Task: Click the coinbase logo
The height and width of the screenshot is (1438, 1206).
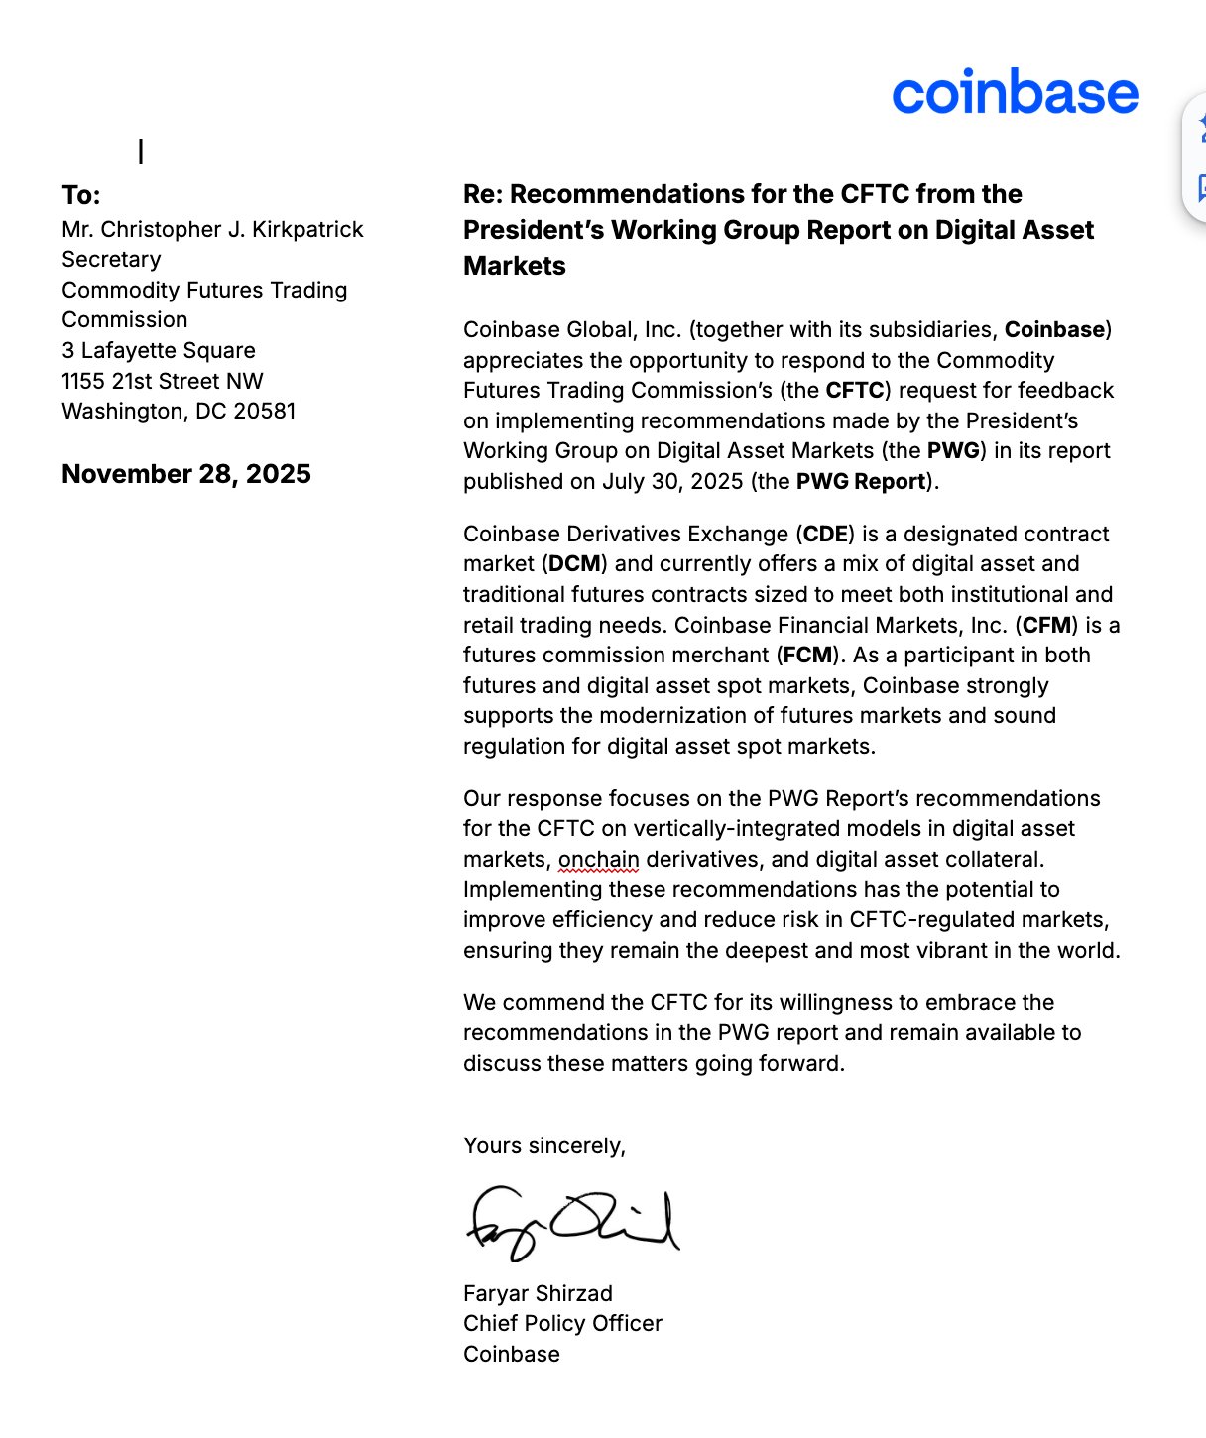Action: [x=1015, y=92]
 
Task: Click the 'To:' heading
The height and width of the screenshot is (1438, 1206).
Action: [x=81, y=195]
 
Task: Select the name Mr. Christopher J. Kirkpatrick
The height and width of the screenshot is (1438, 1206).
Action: [x=212, y=229]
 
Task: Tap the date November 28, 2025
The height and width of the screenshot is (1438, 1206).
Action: [x=186, y=474]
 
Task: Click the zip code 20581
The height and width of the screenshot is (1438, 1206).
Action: [x=265, y=411]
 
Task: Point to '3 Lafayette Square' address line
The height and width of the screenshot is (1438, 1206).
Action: [x=159, y=350]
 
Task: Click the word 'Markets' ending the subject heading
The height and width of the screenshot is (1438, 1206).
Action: [x=514, y=266]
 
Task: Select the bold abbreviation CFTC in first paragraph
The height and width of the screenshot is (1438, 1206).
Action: [x=855, y=390]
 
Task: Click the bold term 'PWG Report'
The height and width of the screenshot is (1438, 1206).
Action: [x=861, y=481]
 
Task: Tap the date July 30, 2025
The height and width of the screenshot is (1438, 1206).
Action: [x=671, y=481]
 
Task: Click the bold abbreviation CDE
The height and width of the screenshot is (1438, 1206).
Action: [x=826, y=534]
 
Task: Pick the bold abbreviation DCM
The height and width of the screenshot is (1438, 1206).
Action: [x=574, y=563]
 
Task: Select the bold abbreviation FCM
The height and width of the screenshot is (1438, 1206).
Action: [x=808, y=655]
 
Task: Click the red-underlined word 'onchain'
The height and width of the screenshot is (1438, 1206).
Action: [x=598, y=859]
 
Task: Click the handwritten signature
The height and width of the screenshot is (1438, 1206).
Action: [x=572, y=1223]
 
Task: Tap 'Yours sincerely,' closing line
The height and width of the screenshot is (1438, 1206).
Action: [x=543, y=1145]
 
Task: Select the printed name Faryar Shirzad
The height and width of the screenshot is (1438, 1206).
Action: [x=538, y=1293]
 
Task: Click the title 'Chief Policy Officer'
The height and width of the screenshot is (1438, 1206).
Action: [x=562, y=1323]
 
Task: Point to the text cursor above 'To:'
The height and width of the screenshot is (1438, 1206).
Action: [x=141, y=151]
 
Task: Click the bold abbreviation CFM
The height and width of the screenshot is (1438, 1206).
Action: [x=1046, y=625]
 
